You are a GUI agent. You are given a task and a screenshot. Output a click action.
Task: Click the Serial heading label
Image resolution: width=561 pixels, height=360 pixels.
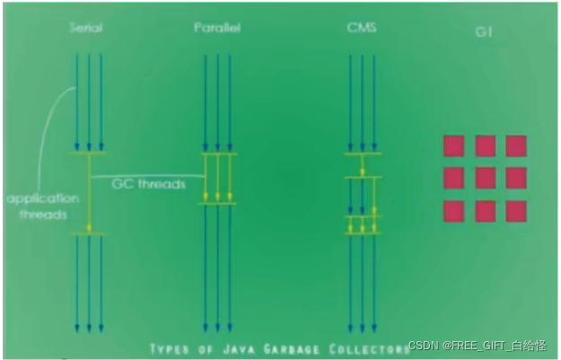[86, 28]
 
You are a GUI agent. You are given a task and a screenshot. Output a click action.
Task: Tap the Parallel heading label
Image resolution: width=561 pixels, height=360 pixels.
[216, 28]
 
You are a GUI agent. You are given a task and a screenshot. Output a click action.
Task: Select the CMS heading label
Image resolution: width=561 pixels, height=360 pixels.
[362, 28]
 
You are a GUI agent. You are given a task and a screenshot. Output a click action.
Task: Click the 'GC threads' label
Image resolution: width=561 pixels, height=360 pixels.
[148, 184]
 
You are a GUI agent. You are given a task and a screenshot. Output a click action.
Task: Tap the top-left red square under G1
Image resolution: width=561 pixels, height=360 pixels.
[454, 145]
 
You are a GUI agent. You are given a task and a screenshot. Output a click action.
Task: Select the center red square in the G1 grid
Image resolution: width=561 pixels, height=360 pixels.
[486, 178]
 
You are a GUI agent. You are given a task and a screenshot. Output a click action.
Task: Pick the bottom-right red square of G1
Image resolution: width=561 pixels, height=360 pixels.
[516, 211]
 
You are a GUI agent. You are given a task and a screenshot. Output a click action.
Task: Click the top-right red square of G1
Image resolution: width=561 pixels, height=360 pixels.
[516, 145]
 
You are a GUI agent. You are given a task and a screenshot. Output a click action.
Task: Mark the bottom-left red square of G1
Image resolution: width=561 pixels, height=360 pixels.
[454, 211]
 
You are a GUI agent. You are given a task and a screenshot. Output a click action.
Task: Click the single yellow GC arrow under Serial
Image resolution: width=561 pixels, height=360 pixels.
[89, 193]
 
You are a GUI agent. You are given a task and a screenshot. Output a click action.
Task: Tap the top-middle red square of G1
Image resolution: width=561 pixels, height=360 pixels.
[486, 145]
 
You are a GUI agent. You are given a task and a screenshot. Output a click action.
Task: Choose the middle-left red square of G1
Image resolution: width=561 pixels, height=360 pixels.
[454, 178]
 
